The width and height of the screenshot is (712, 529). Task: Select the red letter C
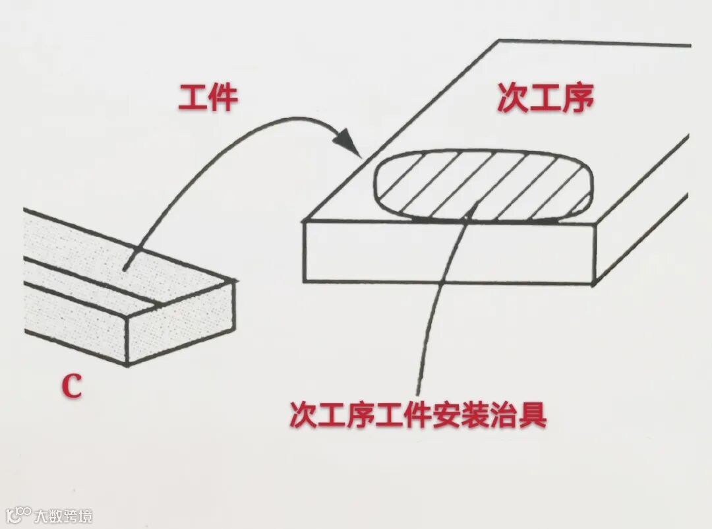72,387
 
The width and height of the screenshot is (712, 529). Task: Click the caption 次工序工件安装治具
419,415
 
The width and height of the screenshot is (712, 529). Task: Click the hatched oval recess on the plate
485,185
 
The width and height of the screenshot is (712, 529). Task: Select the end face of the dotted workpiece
181,322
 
